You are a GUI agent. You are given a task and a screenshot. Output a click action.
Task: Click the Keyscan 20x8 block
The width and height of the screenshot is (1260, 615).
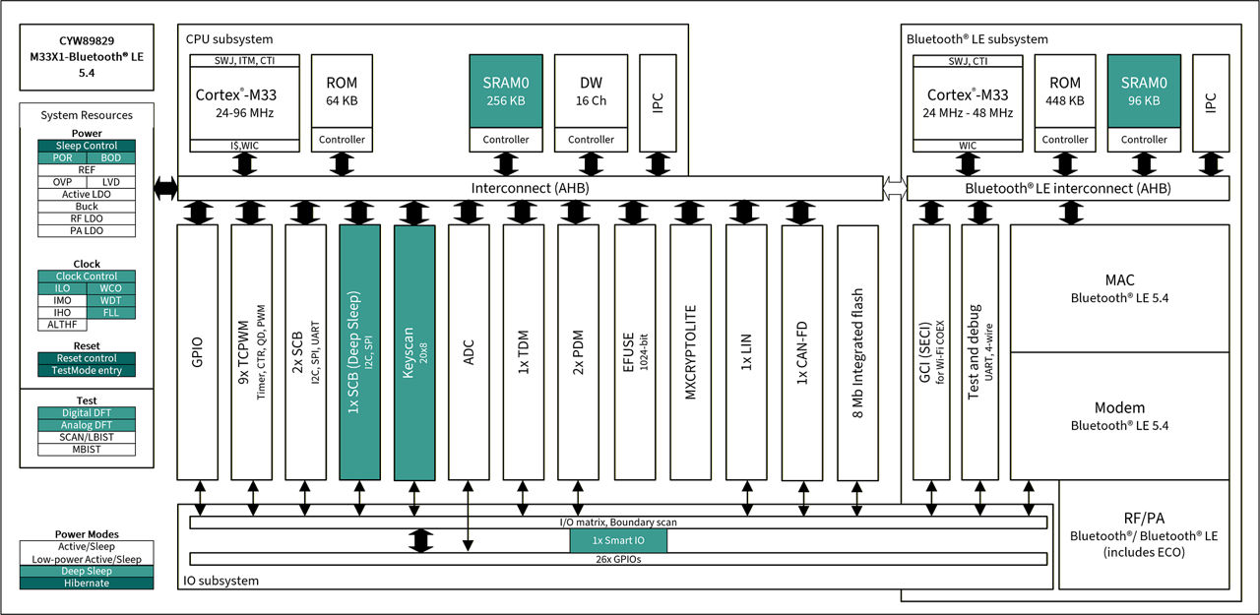[414, 352]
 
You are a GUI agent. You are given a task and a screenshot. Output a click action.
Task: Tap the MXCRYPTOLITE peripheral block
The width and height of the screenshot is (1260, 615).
[691, 352]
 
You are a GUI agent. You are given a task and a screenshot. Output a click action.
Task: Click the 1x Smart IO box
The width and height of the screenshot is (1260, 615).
[618, 541]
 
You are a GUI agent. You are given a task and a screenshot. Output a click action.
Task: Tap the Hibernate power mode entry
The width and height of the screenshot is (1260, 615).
[87, 583]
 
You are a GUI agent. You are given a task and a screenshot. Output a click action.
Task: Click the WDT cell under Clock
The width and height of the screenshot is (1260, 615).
[110, 300]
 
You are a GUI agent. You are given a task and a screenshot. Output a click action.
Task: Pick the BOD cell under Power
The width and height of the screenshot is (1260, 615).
[110, 157]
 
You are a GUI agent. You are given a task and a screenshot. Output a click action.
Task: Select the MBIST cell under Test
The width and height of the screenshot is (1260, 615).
[87, 449]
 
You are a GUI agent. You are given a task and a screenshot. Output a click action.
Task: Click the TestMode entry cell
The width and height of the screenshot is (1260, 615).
[87, 370]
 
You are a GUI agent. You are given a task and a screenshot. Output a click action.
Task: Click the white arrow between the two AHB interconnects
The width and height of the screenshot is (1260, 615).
[895, 187]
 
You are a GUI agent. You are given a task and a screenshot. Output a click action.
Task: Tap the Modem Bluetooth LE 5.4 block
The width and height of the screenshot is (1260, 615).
[1119, 416]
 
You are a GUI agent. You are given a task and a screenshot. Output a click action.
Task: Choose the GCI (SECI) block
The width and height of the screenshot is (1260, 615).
[931, 352]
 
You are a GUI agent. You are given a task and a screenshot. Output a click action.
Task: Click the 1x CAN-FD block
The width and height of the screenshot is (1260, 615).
[802, 352]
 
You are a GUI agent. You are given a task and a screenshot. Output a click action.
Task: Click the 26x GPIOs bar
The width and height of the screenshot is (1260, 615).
[618, 559]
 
